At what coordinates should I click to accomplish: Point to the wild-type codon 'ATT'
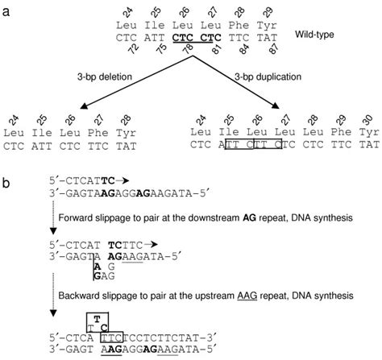coord(164,38)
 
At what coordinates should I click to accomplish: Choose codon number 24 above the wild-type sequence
coord(135,11)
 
